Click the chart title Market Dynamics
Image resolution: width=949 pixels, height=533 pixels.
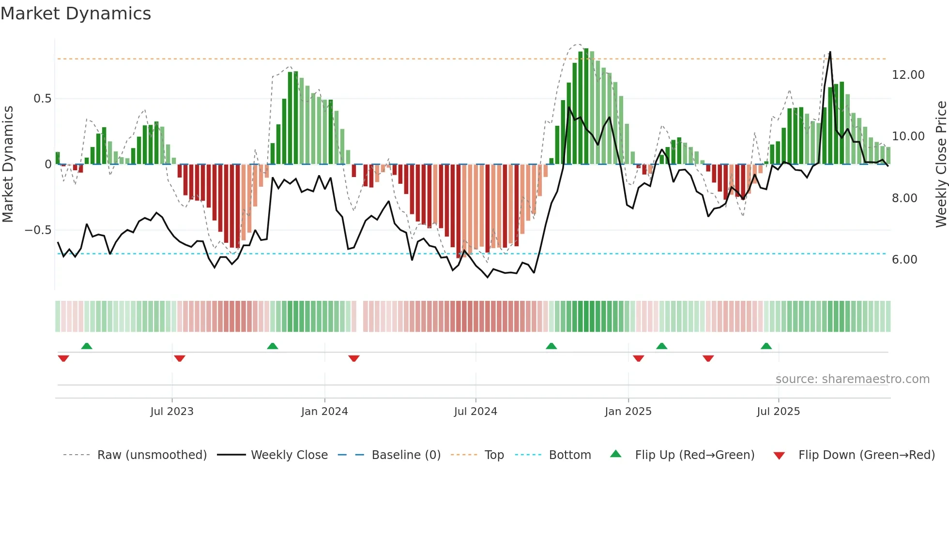pyautogui.click(x=76, y=14)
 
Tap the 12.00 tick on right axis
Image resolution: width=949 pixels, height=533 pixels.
pyautogui.click(x=908, y=75)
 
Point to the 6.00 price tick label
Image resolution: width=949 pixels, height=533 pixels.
pyautogui.click(x=904, y=260)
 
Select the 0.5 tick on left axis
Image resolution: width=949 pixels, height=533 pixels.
pyautogui.click(x=42, y=99)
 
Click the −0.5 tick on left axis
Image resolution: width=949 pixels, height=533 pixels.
pyautogui.click(x=38, y=230)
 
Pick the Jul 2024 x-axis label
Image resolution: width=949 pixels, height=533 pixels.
pyautogui.click(x=475, y=412)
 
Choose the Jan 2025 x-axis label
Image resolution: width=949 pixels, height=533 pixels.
pyautogui.click(x=628, y=412)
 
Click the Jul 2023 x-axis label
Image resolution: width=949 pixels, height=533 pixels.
pyautogui.click(x=171, y=412)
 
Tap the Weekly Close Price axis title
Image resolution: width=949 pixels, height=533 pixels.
pyautogui.click(x=941, y=164)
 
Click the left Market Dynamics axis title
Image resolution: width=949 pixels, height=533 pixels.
pyautogui.click(x=8, y=164)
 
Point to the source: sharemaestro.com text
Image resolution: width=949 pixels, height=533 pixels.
pyautogui.click(x=852, y=379)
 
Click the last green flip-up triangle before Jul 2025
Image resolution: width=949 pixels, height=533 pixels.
pyautogui.click(x=766, y=346)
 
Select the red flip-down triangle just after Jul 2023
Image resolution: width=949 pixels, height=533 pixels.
pyautogui.click(x=180, y=358)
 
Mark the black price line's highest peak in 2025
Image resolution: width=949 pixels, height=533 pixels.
pyautogui.click(x=830, y=52)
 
